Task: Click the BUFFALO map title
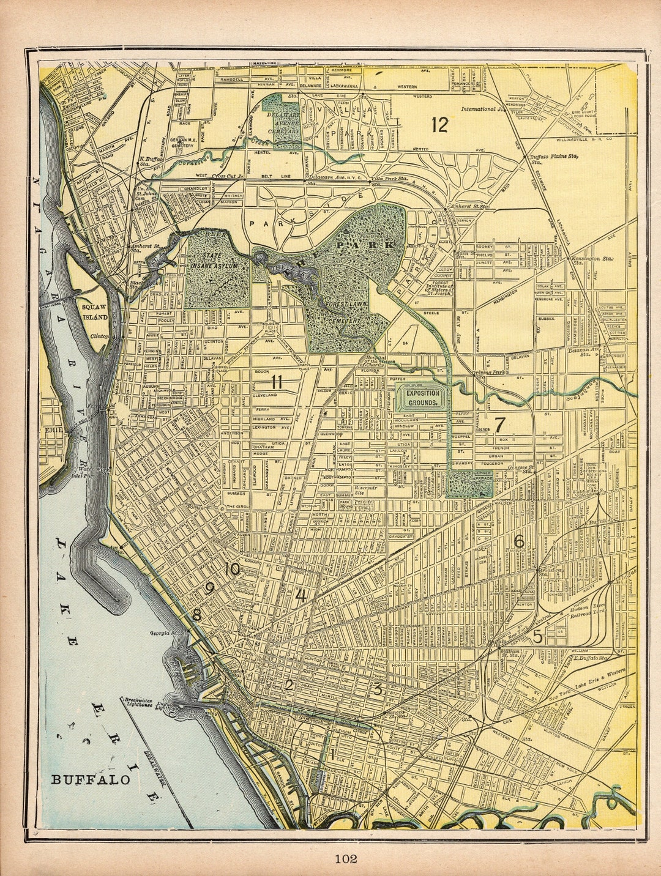[x=91, y=779]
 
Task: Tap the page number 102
[x=345, y=858]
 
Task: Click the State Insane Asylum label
[x=214, y=261]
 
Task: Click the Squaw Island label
[x=95, y=313]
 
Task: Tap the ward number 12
[x=439, y=125]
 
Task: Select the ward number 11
[x=277, y=382]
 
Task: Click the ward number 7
[x=499, y=424]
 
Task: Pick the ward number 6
[x=519, y=541]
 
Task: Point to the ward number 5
[x=537, y=637]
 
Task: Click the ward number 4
[x=301, y=594]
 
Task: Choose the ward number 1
[x=332, y=754]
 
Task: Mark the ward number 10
[x=232, y=569]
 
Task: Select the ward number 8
[x=196, y=615]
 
